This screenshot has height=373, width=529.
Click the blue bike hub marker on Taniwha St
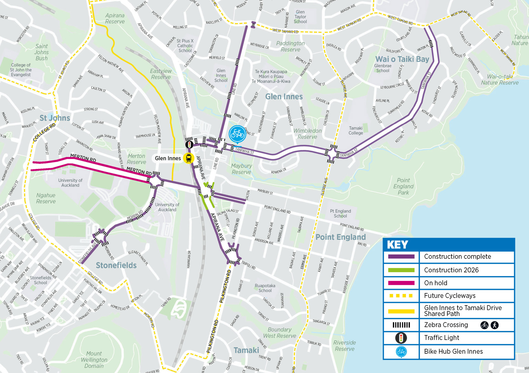coord(237,134)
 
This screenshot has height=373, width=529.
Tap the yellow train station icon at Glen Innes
coord(189,158)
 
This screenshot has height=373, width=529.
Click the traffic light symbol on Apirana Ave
coord(189,144)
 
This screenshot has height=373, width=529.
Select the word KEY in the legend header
coord(397,245)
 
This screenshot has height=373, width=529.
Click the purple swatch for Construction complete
coord(401,257)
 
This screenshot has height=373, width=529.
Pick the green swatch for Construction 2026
coord(401,270)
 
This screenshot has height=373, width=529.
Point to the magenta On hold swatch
coord(401,283)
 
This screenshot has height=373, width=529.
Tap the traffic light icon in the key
coord(401,338)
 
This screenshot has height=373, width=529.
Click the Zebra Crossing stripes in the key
coord(401,325)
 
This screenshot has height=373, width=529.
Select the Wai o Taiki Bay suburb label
coord(402,59)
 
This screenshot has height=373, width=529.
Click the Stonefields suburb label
coord(116,265)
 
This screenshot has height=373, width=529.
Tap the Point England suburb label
coord(340,237)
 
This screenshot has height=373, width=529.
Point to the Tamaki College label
coord(356,130)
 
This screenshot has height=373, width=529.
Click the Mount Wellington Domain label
coord(94,360)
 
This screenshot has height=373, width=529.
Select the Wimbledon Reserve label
coord(307,134)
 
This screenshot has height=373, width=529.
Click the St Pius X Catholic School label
coord(185,46)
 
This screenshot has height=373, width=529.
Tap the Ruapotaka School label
coord(265,288)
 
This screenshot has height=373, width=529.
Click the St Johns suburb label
coord(54,118)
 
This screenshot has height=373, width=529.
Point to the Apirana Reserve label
coord(115,19)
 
